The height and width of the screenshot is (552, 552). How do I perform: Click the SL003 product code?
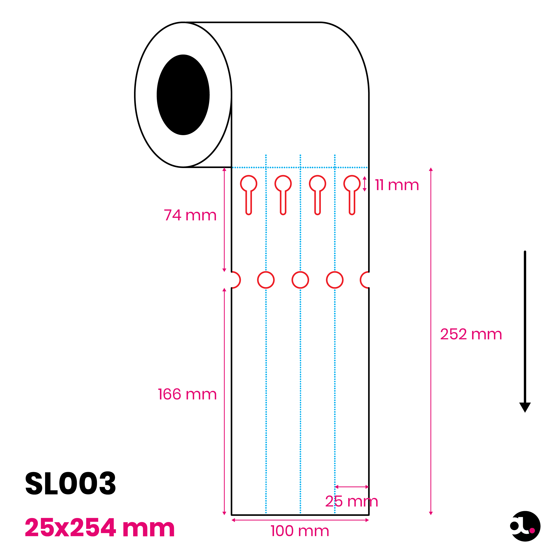pos(70,483)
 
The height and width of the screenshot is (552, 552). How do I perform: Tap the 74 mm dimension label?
pos(190,215)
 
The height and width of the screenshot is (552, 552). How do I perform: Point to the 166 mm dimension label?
pos(187,394)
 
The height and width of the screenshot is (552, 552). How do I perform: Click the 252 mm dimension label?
pos(471,334)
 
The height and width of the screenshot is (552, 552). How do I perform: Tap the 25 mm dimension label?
pos(352,501)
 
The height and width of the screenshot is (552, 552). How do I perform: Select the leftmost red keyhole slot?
pos(249,195)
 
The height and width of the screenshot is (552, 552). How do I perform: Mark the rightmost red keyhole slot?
pos(352,195)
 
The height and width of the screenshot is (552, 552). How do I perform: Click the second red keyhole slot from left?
pos(283,195)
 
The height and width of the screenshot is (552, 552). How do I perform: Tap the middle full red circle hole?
pos(300,280)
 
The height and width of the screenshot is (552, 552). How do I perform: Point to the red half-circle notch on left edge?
pos(240,280)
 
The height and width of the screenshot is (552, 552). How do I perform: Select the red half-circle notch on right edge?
pos(361,280)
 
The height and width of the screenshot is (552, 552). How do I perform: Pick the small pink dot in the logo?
pos(532,531)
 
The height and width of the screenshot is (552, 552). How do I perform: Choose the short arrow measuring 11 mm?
pos(365,184)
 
